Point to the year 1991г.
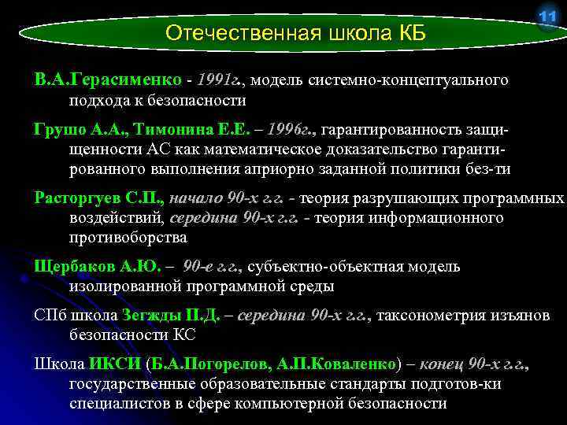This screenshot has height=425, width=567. [220, 80]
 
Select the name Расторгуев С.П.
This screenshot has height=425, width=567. [98, 198]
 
